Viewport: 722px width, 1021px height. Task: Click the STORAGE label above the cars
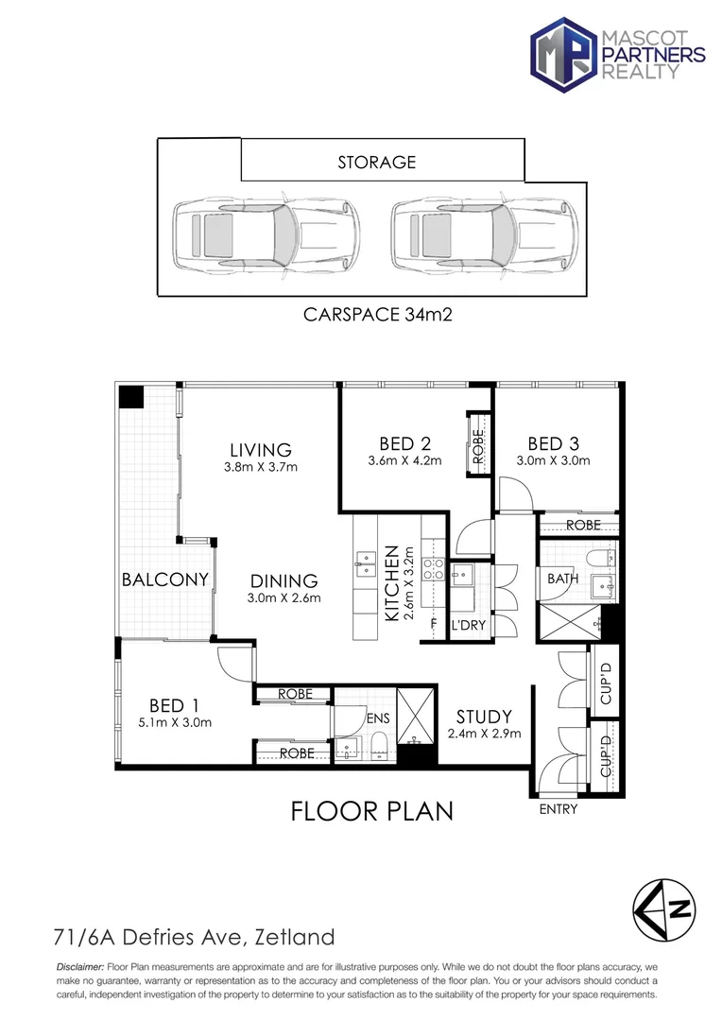tap(376, 163)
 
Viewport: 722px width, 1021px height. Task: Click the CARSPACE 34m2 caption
tap(378, 315)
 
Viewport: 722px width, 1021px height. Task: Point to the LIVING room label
tap(261, 450)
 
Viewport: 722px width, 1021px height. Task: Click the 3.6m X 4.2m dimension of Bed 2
tap(405, 460)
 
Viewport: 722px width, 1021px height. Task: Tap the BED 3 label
tap(553, 443)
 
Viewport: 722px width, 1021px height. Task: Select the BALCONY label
tap(165, 579)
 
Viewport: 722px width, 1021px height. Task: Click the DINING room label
tap(284, 580)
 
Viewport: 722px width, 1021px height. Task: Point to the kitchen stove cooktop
tap(434, 568)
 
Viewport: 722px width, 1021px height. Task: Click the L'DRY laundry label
tap(469, 625)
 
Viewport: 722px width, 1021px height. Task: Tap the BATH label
tap(562, 579)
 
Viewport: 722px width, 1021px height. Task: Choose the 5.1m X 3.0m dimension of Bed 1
tap(175, 722)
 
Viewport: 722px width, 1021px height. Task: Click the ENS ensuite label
tap(378, 718)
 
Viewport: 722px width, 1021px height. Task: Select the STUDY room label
tap(484, 717)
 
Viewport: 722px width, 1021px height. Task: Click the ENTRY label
tap(559, 809)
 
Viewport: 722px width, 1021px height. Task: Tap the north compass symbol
tap(664, 910)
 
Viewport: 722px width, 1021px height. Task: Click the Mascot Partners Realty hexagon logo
tap(564, 55)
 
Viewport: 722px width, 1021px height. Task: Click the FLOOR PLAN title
tap(371, 811)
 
